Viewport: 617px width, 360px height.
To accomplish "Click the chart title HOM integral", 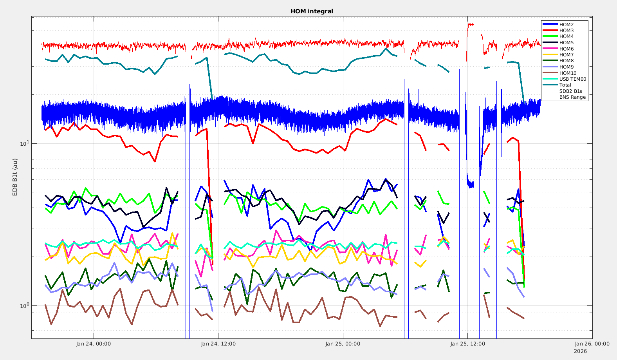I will pyautogui.click(x=312, y=11).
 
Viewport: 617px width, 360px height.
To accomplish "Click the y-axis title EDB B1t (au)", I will pyautogui.click(x=15, y=177).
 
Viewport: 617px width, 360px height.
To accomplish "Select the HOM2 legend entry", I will pyautogui.click(x=566, y=25).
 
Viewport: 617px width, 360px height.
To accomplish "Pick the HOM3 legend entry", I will pyautogui.click(x=566, y=31).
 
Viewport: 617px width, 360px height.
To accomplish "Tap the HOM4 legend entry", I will pyautogui.click(x=566, y=36).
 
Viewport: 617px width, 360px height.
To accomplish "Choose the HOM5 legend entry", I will pyautogui.click(x=566, y=43).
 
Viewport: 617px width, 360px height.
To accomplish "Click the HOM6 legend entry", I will pyautogui.click(x=566, y=49).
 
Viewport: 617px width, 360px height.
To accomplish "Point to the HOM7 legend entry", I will pyautogui.click(x=566, y=55).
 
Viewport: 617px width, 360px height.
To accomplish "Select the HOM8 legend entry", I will pyautogui.click(x=566, y=61).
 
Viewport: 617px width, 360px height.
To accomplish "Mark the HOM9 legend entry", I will pyautogui.click(x=566, y=67).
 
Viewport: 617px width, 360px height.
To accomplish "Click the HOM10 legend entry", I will pyautogui.click(x=567, y=73).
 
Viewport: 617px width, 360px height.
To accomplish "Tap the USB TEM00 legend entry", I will pyautogui.click(x=572, y=79).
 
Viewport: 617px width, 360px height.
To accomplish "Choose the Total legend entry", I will pyautogui.click(x=565, y=85).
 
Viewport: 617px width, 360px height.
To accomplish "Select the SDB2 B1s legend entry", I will pyautogui.click(x=570, y=91).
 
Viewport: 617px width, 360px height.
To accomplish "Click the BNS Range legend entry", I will pyautogui.click(x=572, y=97).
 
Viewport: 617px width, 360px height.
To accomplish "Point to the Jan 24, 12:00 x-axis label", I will pyautogui.click(x=218, y=344).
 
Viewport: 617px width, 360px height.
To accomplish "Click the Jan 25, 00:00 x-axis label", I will pyautogui.click(x=343, y=344).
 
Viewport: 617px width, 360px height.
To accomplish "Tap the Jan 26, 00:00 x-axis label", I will pyautogui.click(x=592, y=344).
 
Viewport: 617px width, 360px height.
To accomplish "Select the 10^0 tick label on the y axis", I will pyautogui.click(x=25, y=306).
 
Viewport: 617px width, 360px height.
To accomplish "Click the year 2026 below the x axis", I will pyautogui.click(x=580, y=351).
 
